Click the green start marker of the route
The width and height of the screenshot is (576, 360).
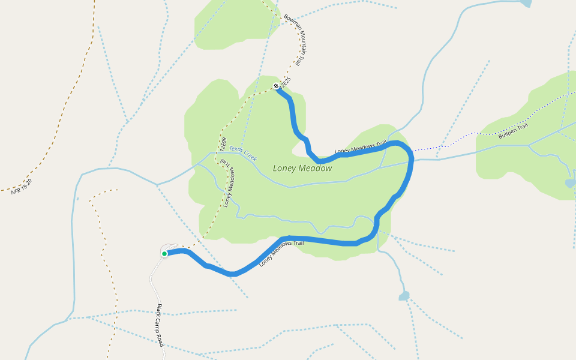[164, 254]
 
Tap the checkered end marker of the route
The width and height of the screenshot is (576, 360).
[276, 86]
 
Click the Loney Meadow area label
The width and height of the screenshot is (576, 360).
[302, 169]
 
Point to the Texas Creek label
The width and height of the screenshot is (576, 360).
[243, 154]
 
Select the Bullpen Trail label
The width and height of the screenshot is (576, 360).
[513, 131]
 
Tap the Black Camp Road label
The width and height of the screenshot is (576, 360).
[160, 325]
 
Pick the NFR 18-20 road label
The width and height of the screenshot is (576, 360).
[21, 187]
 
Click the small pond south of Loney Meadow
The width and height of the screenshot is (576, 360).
[404, 296]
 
